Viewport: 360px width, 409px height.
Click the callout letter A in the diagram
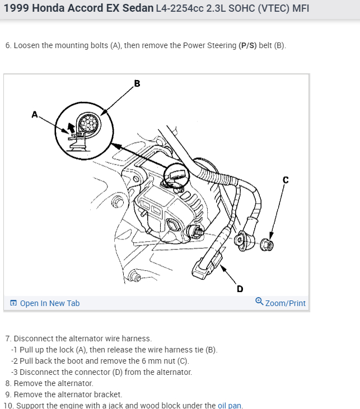35,114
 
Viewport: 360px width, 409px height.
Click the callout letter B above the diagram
137,84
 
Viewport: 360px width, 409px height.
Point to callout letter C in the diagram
286,180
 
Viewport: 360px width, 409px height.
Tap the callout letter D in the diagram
240,289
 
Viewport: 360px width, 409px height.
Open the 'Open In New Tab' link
50,303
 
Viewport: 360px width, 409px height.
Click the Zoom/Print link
286,303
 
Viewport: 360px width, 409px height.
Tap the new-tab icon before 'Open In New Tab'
13,303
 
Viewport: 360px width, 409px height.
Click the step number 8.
8,383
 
